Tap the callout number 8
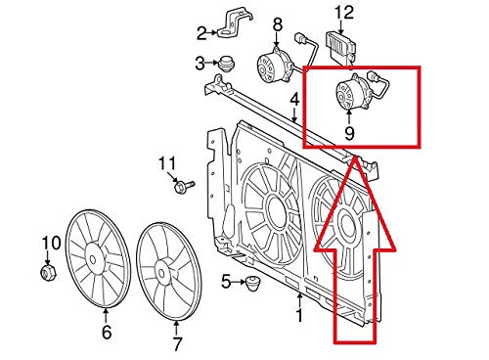(277, 22)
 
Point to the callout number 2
(202, 33)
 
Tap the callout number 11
(166, 161)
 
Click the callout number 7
(177, 342)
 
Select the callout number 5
(226, 283)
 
